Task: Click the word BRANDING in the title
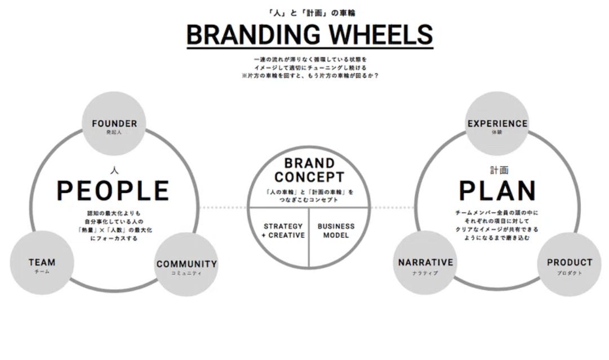click(254, 35)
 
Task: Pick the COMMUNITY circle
click(186, 265)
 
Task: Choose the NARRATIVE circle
click(425, 264)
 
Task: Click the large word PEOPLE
click(113, 191)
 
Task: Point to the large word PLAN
click(497, 191)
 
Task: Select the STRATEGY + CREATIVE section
click(283, 230)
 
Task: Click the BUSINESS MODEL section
click(336, 230)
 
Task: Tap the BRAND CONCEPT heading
click(309, 171)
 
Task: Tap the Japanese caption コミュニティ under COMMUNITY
click(186, 273)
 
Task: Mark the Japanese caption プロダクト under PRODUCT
click(569, 273)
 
